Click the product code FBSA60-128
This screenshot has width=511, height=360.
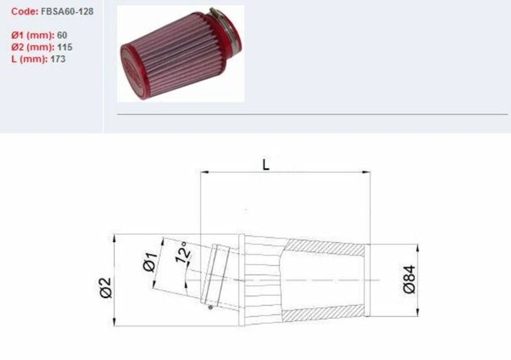click(x=66, y=11)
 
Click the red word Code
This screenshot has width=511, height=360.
click(x=23, y=11)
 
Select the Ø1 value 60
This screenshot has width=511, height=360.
click(x=63, y=35)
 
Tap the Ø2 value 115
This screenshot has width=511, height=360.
click(x=65, y=47)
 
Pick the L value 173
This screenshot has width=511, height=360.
click(x=58, y=59)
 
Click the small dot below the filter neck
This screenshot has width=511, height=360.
click(x=210, y=307)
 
